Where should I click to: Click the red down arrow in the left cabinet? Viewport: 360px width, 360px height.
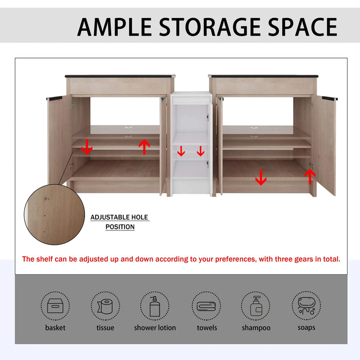coord(87,147)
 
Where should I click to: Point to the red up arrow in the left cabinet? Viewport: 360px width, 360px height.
coord(145,147)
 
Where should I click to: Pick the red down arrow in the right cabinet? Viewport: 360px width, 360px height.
coord(261,177)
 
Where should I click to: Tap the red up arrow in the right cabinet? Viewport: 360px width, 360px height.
coord(310,176)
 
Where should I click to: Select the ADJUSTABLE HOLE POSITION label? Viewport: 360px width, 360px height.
coord(120,222)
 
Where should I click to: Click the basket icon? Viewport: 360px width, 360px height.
coord(55,306)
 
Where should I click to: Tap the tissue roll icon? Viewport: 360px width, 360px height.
coord(105,306)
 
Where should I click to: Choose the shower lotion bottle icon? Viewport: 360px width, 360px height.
coord(155,306)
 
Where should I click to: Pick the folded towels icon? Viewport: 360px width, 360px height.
coord(207,306)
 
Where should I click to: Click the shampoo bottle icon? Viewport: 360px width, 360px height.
coord(256,306)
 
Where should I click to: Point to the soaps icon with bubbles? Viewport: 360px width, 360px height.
coord(306,306)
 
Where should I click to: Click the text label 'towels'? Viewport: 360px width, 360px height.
coord(207,328)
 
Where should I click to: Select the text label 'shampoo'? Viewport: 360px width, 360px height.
coord(256,328)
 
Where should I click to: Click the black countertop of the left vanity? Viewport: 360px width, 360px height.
coord(120,77)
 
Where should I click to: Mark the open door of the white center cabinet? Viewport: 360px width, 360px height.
coord(209,149)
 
